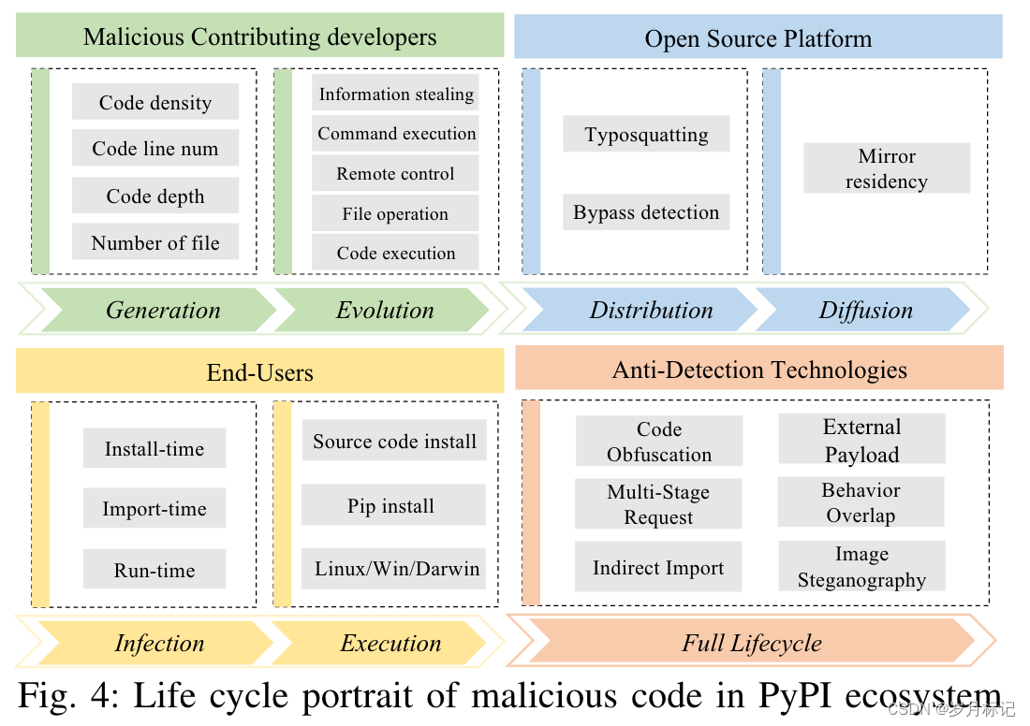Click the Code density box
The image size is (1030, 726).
[155, 102]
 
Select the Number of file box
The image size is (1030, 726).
[155, 242]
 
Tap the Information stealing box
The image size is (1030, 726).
[395, 94]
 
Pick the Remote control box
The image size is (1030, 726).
[395, 174]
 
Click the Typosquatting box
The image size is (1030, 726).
[646, 134]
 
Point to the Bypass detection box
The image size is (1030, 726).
[646, 212]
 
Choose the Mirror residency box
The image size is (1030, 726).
[886, 168]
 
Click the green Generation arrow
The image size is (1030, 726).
[163, 310]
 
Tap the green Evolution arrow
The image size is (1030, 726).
[385, 310]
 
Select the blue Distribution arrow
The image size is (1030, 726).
[651, 310]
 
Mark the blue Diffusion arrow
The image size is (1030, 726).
[865, 310]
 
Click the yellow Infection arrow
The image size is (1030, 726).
[159, 643]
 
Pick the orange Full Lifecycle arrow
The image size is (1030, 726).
[751, 643]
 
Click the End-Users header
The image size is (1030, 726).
[259, 372]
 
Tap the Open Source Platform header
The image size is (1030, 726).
[758, 37]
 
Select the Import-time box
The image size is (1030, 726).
[154, 509]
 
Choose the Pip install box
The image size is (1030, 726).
[390, 506]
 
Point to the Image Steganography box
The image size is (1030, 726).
[861, 567]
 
